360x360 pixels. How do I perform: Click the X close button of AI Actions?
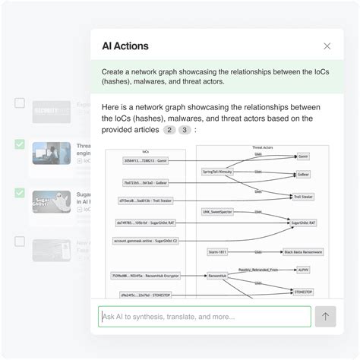[327, 46]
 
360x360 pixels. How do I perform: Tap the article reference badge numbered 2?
[170, 130]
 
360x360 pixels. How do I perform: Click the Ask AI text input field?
[204, 317]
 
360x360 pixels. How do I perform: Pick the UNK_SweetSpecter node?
[217, 211]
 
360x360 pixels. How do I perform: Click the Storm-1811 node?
[218, 251]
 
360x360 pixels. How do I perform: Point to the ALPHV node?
[303, 270]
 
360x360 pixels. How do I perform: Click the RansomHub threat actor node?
[218, 276]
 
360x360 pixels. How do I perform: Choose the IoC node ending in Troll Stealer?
[142, 201]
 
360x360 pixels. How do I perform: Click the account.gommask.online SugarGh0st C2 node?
[144, 241]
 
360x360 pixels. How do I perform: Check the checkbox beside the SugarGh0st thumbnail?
[20, 193]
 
